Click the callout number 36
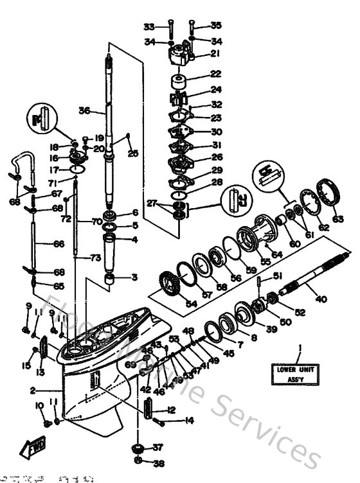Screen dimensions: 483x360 click(x=84, y=110)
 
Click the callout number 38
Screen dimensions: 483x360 click(x=158, y=462)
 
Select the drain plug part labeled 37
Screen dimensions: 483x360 click(x=137, y=448)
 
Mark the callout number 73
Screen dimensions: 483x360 click(x=96, y=258)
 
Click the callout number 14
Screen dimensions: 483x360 click(x=171, y=421)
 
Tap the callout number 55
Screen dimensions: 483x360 click(x=265, y=262)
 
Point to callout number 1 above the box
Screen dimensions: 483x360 click(x=299, y=349)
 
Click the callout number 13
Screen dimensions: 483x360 click(x=40, y=373)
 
